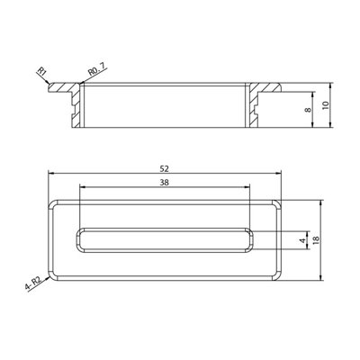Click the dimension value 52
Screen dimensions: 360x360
(x=165, y=168)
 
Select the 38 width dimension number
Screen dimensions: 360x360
(x=165, y=181)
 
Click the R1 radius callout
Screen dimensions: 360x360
(x=41, y=71)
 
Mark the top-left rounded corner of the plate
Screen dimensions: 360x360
(x=53, y=202)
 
